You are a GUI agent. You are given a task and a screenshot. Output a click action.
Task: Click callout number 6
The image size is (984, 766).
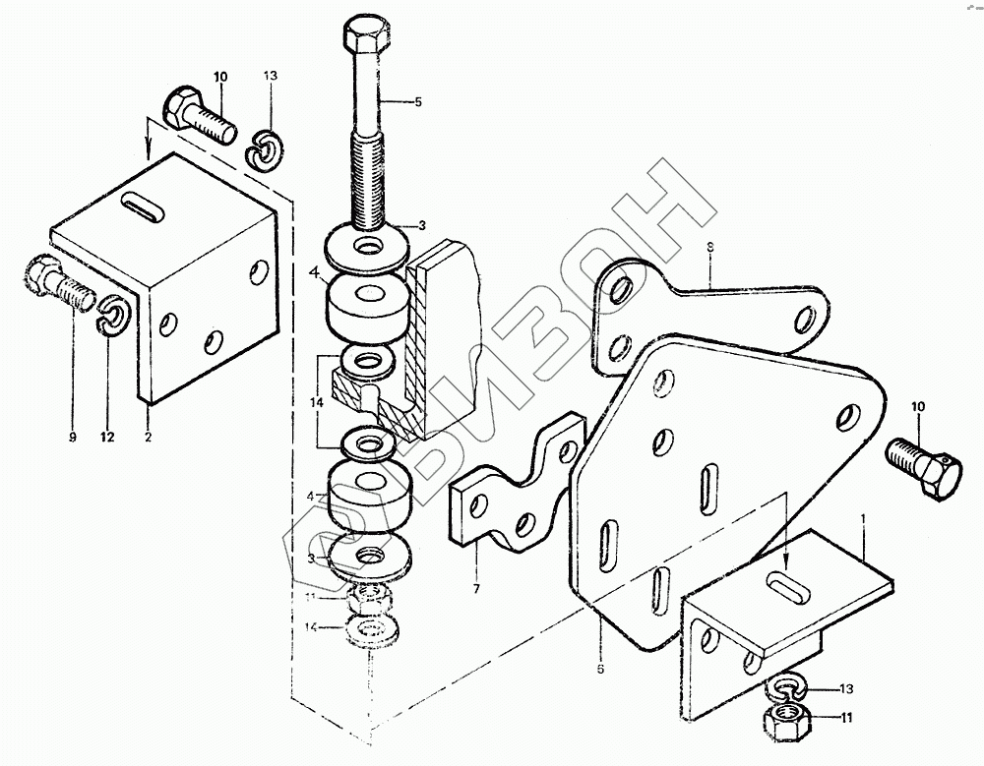(600, 670)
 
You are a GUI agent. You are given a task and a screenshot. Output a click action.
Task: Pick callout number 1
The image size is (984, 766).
(863, 515)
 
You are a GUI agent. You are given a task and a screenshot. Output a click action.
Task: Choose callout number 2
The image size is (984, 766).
(148, 438)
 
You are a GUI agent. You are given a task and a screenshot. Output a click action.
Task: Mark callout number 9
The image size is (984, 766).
(72, 438)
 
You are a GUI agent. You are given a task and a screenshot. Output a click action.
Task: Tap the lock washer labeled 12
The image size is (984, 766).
(113, 315)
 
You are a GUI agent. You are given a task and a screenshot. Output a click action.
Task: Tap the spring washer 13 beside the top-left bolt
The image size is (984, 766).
(262, 147)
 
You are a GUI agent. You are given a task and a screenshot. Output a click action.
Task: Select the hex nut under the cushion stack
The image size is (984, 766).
(371, 597)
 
